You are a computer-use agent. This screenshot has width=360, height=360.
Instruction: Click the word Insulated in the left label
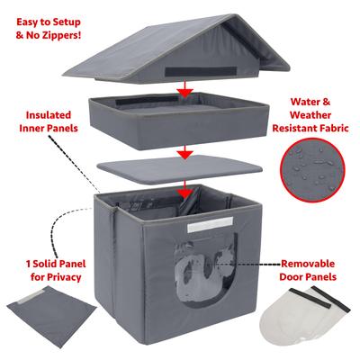(49, 115)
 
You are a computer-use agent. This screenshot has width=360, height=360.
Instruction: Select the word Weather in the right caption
(310, 115)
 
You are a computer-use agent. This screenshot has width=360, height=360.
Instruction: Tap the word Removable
(308, 264)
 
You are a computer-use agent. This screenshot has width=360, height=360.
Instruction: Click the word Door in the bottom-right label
(292, 276)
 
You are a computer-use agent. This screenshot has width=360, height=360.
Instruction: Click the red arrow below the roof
(185, 89)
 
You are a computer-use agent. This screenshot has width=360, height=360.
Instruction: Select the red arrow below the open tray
(185, 153)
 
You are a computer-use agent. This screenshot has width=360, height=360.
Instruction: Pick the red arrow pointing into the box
(185, 190)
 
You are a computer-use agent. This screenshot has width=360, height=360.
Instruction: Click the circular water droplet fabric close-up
(312, 170)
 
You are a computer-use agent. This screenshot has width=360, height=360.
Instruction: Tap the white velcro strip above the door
(211, 225)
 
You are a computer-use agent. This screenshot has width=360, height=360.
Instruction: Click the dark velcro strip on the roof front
(201, 71)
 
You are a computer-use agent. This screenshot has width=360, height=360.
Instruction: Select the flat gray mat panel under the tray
(180, 169)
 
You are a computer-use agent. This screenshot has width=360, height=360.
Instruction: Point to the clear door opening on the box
(206, 273)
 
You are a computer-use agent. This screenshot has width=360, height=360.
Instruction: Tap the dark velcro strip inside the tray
(147, 100)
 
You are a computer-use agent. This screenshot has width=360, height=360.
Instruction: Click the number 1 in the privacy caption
(28, 264)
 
